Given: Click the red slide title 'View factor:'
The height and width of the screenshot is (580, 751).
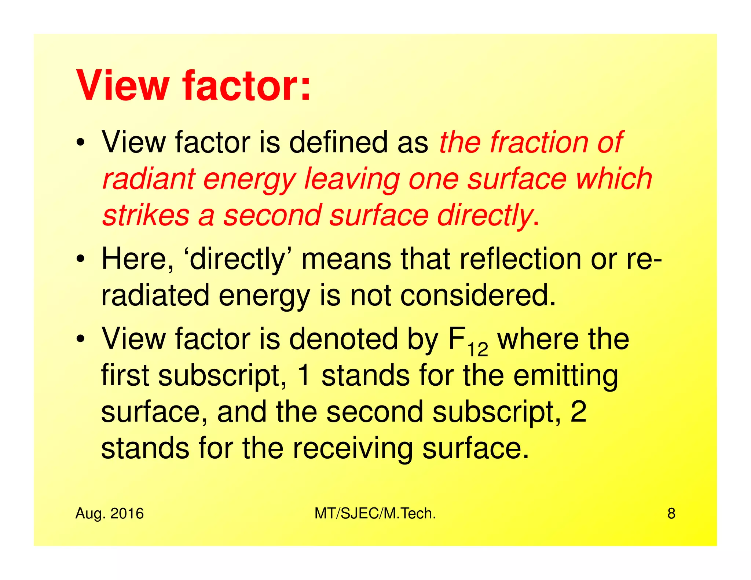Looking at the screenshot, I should coord(193,86).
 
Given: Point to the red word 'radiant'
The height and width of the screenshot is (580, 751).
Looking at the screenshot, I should coord(148,179).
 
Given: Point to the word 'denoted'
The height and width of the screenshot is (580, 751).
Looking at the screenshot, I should coord(343,339).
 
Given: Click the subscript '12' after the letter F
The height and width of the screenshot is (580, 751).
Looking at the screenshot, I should coord(477,350).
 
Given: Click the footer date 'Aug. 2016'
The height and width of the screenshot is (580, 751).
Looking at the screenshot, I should coord(109,514).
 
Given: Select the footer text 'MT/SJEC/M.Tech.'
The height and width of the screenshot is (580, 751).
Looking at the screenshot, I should coord(375,514).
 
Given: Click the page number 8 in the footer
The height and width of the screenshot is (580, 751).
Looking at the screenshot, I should coord(671,514).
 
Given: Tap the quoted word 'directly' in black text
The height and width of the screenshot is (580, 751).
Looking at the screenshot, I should coord(237,260).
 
